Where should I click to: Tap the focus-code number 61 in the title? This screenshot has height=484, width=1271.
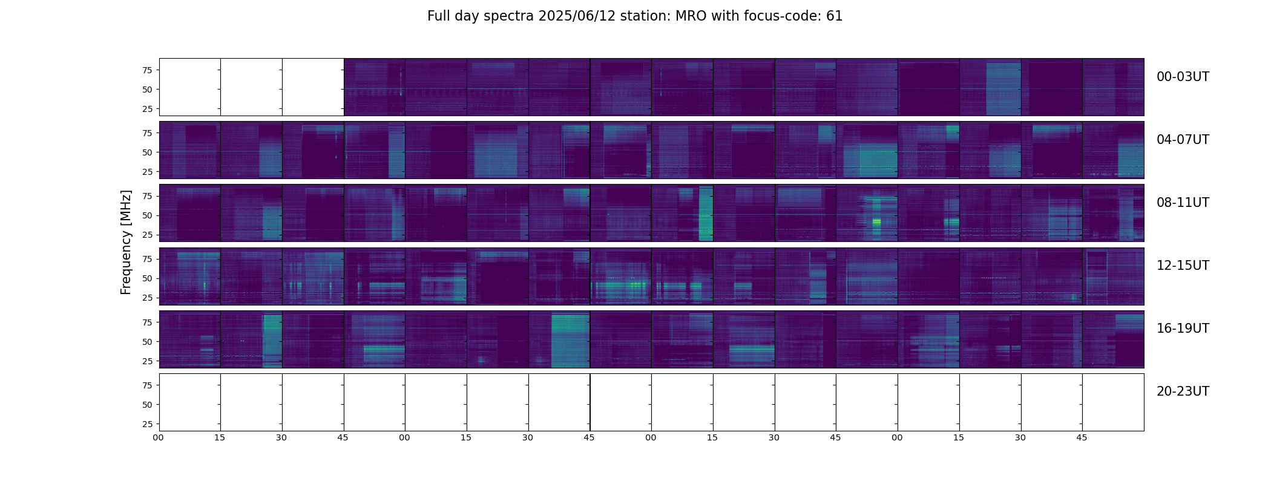coord(834,16)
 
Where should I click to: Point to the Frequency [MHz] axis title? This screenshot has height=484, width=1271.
coord(126,243)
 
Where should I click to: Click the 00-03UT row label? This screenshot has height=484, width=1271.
coord(1183,77)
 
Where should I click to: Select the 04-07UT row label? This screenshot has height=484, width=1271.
coord(1183,140)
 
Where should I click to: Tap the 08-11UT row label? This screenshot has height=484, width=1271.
coord(1183,203)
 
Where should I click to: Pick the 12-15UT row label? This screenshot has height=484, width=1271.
coord(1183,266)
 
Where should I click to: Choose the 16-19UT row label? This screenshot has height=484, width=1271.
coord(1183,329)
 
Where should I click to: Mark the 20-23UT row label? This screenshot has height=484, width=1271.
coord(1183,391)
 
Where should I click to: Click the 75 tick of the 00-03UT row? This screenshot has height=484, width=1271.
coord(147,70)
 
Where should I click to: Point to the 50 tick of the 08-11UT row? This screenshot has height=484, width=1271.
coord(147,215)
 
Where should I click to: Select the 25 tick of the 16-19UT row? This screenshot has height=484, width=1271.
coord(147,361)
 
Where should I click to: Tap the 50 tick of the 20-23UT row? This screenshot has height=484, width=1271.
coord(147,405)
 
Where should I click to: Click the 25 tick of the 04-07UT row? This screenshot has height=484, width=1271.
coord(147,172)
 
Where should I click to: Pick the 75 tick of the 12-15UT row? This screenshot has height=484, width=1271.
coord(147,259)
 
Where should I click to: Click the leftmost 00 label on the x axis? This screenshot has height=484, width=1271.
coord(159,437)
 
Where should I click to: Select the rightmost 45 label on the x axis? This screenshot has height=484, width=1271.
coord(1082,437)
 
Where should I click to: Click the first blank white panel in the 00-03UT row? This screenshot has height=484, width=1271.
coord(190,87)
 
